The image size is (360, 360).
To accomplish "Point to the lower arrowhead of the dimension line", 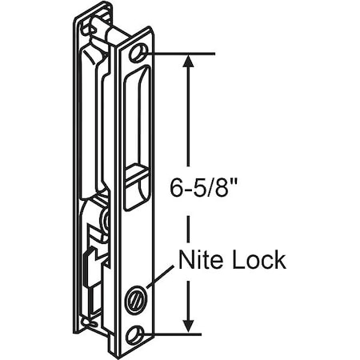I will pos(190,323).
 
